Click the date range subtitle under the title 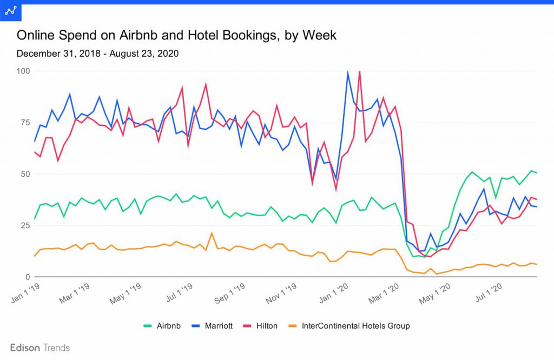coord(97,54)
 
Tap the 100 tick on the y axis coord(23,71)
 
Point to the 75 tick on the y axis coord(25,122)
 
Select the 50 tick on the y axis coord(25,174)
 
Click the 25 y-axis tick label coord(25,225)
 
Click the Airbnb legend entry coord(162,326)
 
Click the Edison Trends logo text coord(40,348)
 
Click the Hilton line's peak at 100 coord(359,72)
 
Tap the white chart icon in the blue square coord(10,10)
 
